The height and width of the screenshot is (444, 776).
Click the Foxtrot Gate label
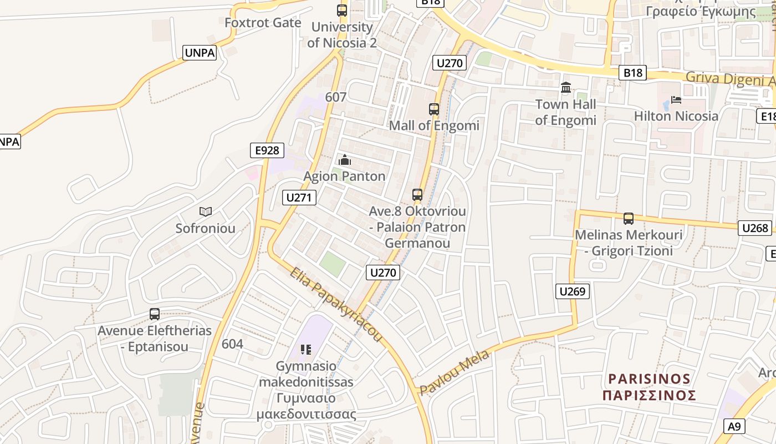point(263,23)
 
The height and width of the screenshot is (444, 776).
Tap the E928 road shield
point(267,150)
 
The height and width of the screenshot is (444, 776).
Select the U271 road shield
point(299,198)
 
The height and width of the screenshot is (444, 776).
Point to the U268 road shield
point(755,228)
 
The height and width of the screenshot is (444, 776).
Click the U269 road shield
point(573,291)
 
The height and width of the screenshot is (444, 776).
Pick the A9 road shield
point(734,426)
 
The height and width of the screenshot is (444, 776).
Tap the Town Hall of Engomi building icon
point(566,88)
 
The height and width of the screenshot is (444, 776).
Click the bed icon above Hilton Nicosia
point(676,100)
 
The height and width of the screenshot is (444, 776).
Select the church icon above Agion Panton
point(344,160)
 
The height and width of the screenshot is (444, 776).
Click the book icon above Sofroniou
point(206,211)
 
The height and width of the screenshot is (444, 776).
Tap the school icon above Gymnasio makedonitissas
point(305,349)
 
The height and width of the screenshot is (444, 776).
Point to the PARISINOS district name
point(649,379)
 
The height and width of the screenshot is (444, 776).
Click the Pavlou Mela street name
point(455,372)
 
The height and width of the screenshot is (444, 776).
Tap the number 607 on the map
point(336,97)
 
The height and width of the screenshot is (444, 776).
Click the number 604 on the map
point(232,344)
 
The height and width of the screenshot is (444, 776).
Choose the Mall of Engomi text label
point(434,125)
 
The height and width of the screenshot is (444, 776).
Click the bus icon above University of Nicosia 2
point(342,10)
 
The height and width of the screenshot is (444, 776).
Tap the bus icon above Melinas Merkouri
point(628,219)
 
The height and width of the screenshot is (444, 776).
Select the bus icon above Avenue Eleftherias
point(155,314)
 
